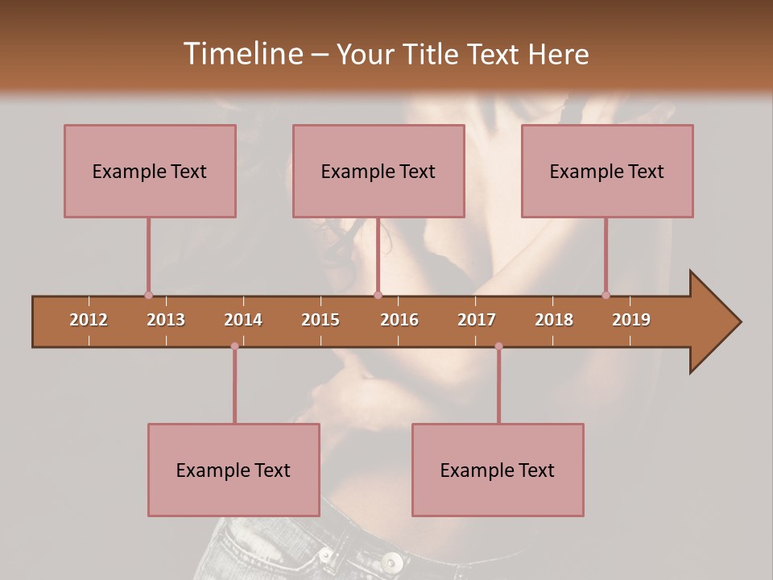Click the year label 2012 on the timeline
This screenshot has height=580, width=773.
(89, 320)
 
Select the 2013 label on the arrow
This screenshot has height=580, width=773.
(166, 320)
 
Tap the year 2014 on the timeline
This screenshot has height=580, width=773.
(243, 320)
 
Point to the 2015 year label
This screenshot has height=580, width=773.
(320, 320)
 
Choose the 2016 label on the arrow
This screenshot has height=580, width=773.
(399, 320)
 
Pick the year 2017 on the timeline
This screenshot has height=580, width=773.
(477, 320)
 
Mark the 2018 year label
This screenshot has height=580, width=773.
(554, 320)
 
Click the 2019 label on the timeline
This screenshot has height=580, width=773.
(631, 320)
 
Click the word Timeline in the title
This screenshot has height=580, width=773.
(242, 54)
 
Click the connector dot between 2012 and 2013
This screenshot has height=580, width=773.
(148, 295)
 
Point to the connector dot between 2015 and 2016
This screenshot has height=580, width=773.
(378, 295)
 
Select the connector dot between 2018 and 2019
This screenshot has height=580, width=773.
(606, 295)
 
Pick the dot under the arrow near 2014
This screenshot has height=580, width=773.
(234, 346)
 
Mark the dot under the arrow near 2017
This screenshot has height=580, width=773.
(498, 346)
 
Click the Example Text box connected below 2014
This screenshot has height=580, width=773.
(234, 470)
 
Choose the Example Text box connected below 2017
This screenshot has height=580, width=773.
(498, 470)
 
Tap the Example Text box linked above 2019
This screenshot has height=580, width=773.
(607, 171)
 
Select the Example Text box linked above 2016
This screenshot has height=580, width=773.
(378, 171)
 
